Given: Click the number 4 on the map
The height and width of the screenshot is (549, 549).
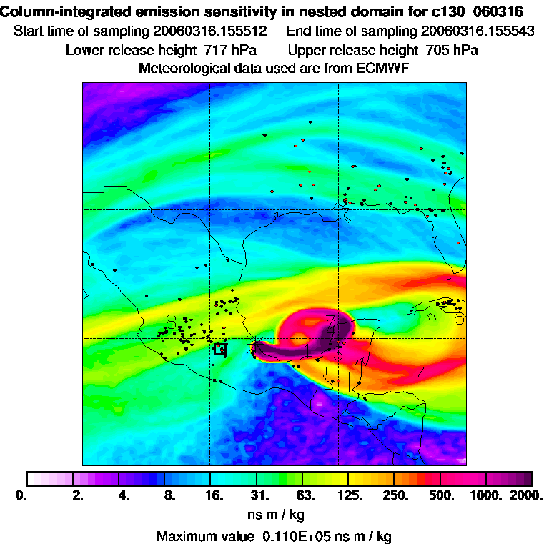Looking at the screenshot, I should pos(422,373).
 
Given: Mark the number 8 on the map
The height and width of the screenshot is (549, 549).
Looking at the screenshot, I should pos(171,321).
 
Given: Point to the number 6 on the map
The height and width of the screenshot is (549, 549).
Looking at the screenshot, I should pos(460,318).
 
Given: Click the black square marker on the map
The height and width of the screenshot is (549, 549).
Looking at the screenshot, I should pos(221,349).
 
